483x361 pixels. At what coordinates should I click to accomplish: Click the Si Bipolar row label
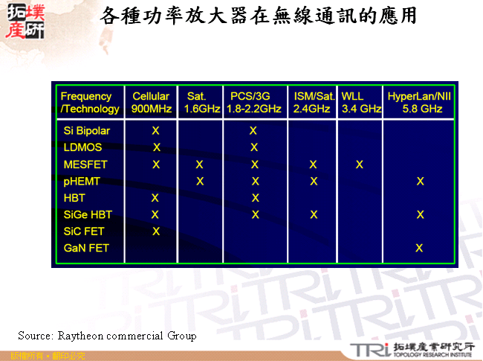pos(86,130)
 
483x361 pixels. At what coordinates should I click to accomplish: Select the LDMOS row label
pos(82,147)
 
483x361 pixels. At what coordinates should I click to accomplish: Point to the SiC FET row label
pos(84,231)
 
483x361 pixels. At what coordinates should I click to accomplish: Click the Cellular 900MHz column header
pos(152,102)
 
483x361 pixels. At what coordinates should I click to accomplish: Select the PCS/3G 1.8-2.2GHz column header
pos(254,102)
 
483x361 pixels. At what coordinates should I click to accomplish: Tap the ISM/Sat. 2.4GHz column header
pos(313,102)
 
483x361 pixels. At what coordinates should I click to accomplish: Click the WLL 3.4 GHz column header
pos(360,102)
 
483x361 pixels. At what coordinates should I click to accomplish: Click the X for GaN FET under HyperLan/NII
pos(420,248)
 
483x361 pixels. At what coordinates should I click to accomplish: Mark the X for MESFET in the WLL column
pos(360,164)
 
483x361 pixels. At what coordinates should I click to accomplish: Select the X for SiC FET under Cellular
pos(155,231)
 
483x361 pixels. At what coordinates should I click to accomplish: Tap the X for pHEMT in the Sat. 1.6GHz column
pos(199,181)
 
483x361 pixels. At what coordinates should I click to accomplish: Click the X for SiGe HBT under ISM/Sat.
pos(314,214)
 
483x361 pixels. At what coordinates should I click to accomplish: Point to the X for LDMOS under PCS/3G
pos(254,147)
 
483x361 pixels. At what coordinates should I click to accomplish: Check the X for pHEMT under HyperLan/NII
pos(421,181)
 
